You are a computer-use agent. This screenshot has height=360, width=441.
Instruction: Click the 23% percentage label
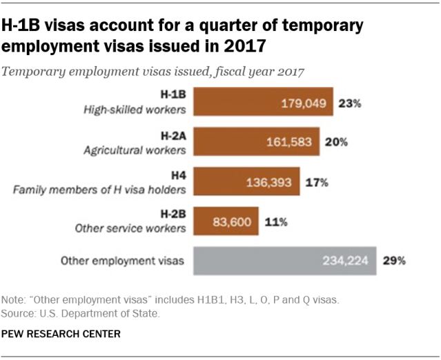[350, 104]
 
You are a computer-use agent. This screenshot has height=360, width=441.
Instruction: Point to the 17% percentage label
[316, 183]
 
